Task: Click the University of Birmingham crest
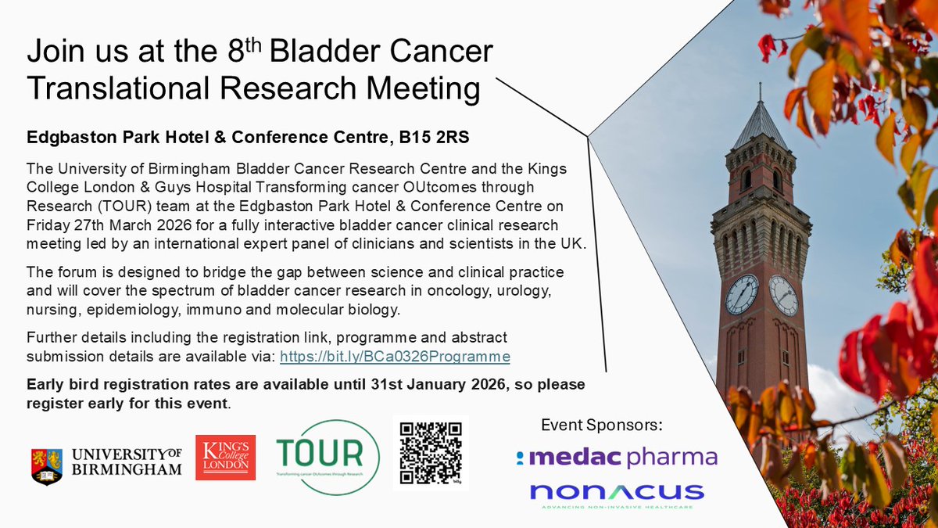[x=46, y=466]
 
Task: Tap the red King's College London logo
[x=225, y=458]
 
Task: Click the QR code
[x=430, y=452]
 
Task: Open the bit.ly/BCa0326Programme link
[x=395, y=357]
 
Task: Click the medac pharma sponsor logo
[x=617, y=458]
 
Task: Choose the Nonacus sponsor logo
[x=617, y=493]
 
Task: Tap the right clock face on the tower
[x=782, y=295]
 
